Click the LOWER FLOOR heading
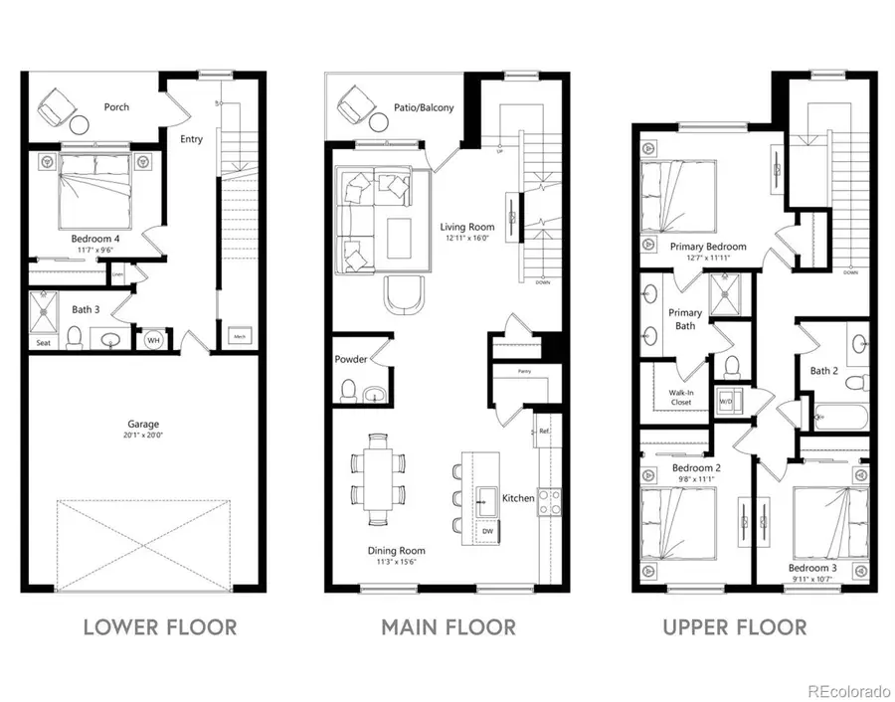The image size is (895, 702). (160, 627)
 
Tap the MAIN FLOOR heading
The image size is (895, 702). (448, 627)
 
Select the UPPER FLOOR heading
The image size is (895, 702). (735, 627)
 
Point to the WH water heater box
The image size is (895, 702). (153, 340)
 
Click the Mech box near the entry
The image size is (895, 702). (240, 337)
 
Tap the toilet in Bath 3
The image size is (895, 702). (73, 339)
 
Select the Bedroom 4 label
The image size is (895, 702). (95, 239)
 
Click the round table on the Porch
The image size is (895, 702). (79, 124)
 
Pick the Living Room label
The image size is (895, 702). (466, 227)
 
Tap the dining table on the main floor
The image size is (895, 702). (378, 478)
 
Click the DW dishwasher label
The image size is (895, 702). (487, 531)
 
